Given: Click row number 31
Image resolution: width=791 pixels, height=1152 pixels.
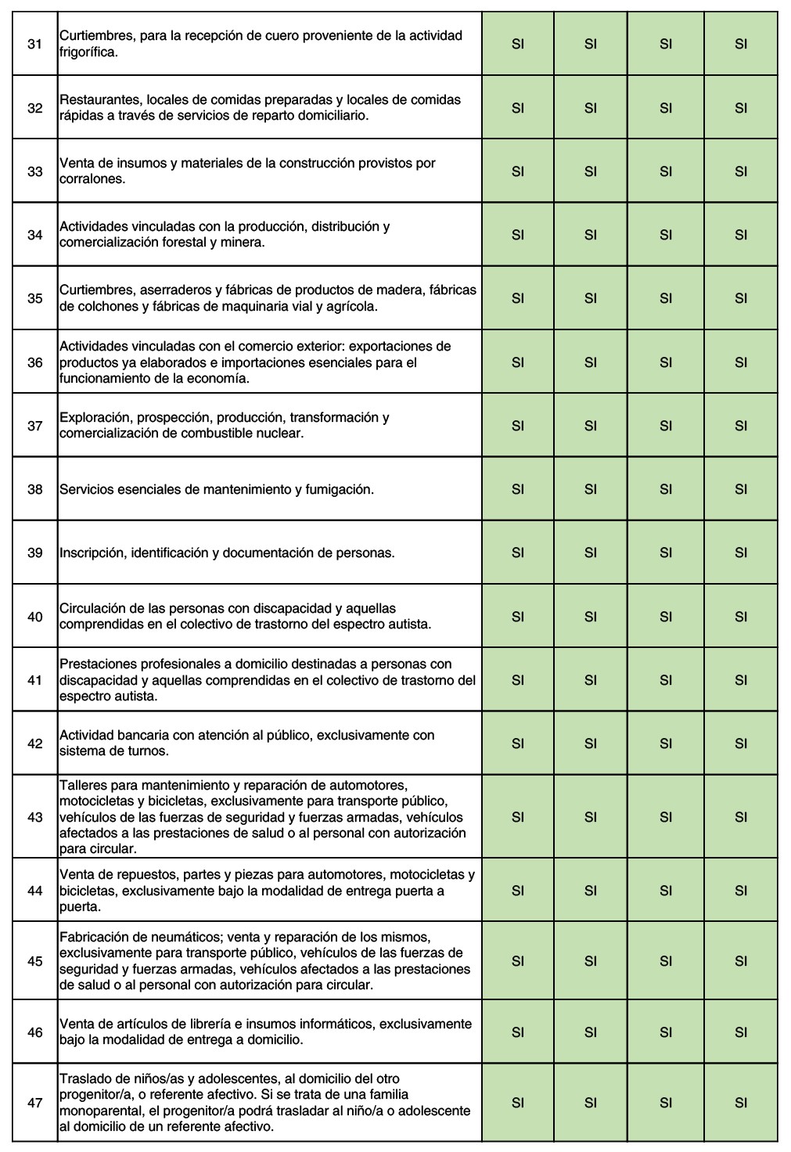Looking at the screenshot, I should tap(34, 44).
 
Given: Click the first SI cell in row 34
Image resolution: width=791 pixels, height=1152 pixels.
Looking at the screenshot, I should tap(517, 235).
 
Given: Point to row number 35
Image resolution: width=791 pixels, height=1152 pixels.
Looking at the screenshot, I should tap(34, 298).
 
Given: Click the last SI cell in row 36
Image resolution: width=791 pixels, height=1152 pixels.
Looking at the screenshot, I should tap(741, 362).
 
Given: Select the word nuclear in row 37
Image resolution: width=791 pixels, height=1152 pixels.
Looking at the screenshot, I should tap(279, 434).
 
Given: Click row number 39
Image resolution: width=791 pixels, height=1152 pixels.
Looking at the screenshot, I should tap(34, 553).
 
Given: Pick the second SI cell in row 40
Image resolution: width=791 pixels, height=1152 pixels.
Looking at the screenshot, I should tap(591, 617).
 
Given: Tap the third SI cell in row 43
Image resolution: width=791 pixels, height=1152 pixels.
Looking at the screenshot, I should tap(666, 817).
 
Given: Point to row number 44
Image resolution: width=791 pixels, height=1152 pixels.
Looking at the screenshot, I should tap(34, 891).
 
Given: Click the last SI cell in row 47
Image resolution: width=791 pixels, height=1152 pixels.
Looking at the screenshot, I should tap(741, 1103).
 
